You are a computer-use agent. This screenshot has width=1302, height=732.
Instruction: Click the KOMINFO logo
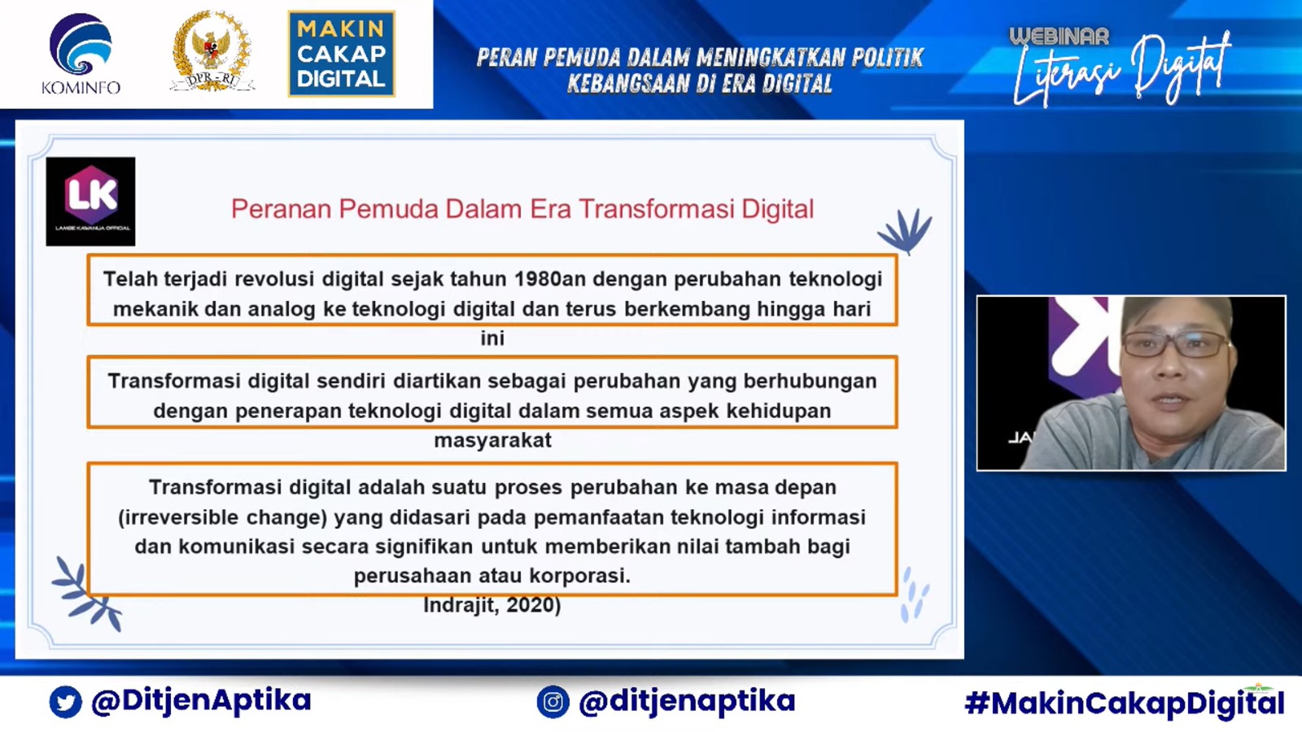[81, 54]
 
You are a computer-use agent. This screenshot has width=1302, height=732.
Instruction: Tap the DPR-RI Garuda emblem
[212, 51]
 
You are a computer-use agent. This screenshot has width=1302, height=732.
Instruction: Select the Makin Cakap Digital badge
[342, 54]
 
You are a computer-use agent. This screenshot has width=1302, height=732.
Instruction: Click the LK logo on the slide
[90, 201]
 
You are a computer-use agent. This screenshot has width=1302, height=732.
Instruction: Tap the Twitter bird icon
[65, 702]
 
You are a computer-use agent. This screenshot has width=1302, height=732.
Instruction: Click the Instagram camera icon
[553, 702]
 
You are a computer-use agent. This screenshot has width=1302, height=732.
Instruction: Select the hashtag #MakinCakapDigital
[1124, 703]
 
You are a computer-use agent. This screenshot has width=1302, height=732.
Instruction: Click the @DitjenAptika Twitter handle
[201, 700]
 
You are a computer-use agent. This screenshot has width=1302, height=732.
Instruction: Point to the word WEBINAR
[1059, 37]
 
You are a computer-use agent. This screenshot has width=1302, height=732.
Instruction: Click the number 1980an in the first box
[550, 279]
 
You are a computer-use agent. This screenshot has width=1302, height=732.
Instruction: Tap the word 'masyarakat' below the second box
[492, 440]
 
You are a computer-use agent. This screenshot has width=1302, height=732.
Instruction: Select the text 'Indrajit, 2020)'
[492, 605]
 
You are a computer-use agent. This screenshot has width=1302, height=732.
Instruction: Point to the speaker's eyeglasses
[1177, 345]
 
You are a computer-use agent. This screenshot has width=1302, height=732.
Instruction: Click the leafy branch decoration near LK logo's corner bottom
[86, 594]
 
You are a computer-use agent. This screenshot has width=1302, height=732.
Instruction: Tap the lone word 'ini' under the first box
[492, 338]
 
